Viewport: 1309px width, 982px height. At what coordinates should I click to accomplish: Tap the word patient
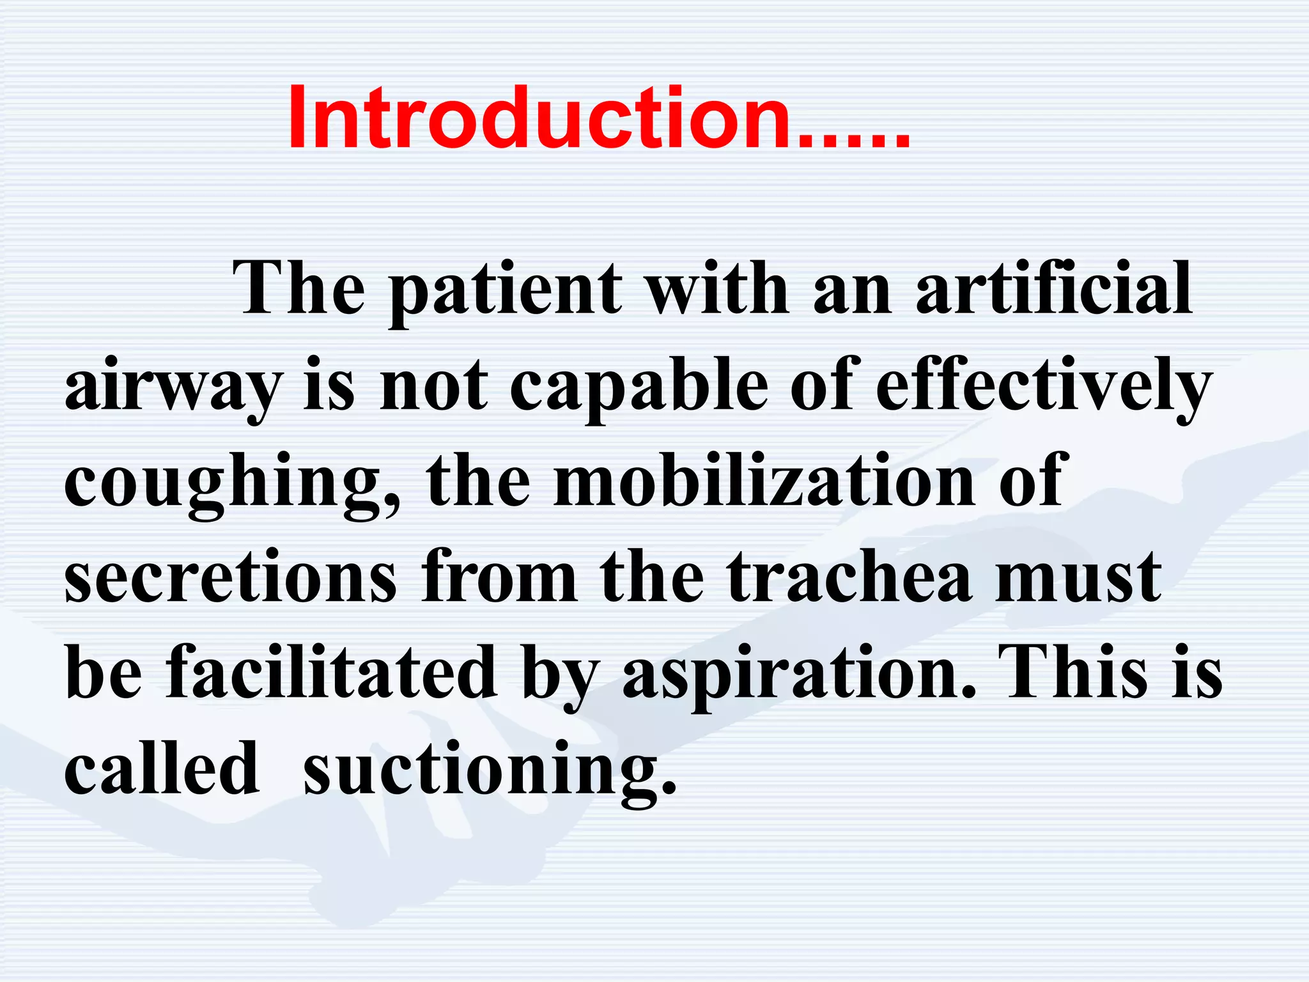pyautogui.click(x=505, y=291)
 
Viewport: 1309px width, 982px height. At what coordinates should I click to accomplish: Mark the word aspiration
pyautogui.click(x=799, y=674)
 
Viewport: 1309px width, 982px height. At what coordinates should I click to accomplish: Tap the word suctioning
pyautogui.click(x=489, y=770)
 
